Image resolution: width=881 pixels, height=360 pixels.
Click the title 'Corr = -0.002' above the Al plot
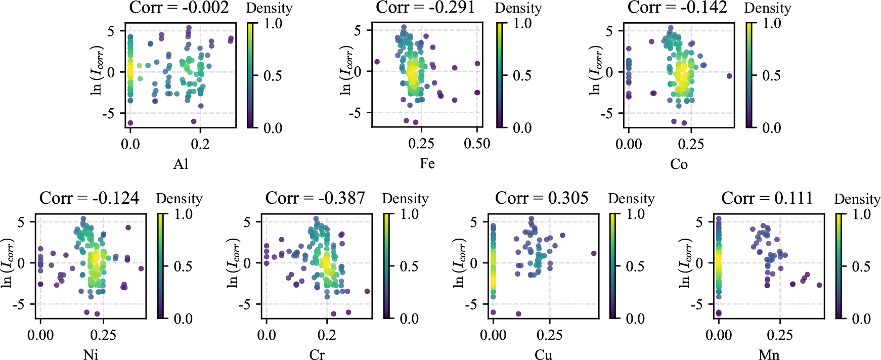pos(179,7)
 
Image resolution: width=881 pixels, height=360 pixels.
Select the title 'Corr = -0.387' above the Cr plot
pos(315,198)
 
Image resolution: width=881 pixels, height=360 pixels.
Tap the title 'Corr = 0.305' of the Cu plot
pos(542,198)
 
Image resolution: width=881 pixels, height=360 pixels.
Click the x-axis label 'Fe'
pos(427,163)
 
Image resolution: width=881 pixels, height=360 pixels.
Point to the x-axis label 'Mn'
pos(769,354)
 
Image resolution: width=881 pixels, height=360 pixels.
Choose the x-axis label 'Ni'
pos(91,354)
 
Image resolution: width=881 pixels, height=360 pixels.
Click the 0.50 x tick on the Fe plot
pos(477,144)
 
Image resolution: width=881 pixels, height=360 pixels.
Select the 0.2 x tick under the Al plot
pos(200,144)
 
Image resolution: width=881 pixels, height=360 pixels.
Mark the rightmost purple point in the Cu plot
pos(594,253)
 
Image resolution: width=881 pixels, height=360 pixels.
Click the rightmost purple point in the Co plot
pos(729,76)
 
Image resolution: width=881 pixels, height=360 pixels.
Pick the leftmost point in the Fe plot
pos(377,62)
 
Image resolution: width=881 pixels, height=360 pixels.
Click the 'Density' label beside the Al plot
pos(269,8)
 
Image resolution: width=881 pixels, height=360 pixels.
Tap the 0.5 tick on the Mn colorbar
pos(861,266)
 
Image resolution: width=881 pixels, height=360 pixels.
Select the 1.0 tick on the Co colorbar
pos(772,23)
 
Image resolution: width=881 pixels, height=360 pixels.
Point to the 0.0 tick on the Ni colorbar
pos(183,319)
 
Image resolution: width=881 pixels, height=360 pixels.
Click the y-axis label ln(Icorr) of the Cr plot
pos(233,263)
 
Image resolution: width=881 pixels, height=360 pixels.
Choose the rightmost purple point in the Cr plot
pos(367,291)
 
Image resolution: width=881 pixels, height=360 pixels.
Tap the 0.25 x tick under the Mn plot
pos(780,335)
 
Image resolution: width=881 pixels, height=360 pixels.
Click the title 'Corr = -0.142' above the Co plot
pos(677,7)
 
